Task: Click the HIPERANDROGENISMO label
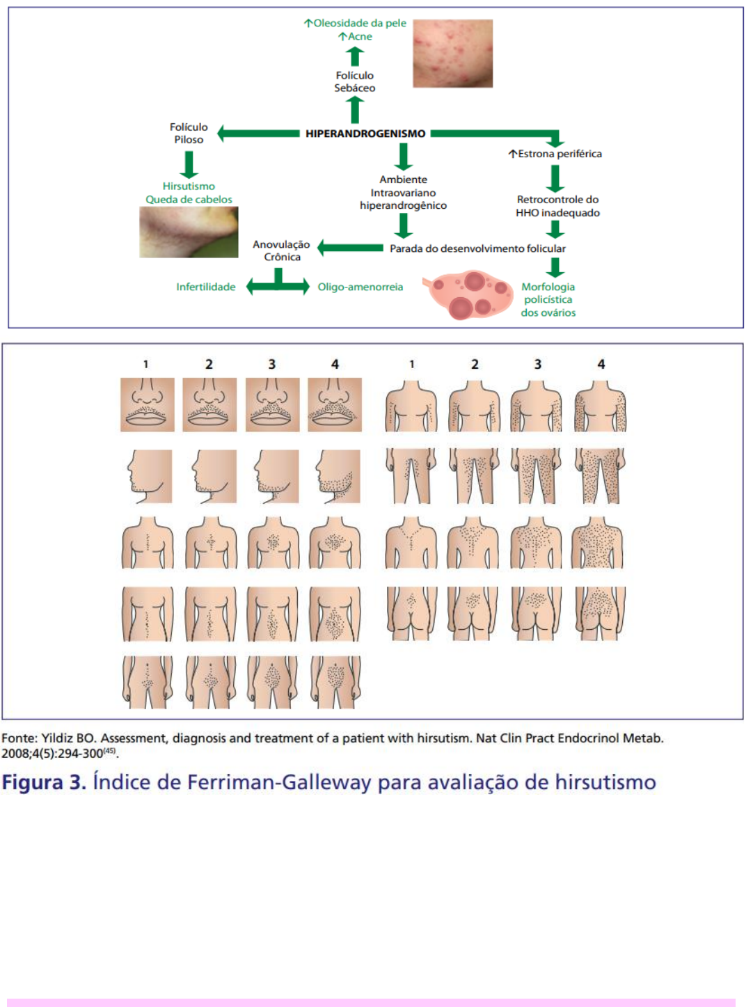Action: coord(365,134)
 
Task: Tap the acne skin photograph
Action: coord(452,54)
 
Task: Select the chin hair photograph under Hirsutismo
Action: coord(189,232)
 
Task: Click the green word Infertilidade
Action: coord(205,287)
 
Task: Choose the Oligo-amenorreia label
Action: coord(360,287)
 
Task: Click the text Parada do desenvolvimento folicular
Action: coord(477,248)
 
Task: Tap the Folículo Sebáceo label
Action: coord(354,81)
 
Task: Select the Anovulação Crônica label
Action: coord(281,251)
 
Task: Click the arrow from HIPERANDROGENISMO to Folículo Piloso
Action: coord(258,133)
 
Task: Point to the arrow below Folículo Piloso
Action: coord(189,164)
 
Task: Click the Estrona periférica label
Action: coord(555,154)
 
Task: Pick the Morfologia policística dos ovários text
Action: coord(548,300)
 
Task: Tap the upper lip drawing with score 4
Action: coord(335,404)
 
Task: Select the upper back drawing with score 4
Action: coord(598,544)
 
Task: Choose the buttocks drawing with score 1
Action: coord(411,613)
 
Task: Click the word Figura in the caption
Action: coord(33,782)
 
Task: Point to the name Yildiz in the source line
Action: coord(57,738)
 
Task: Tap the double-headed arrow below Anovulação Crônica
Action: coord(278,284)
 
